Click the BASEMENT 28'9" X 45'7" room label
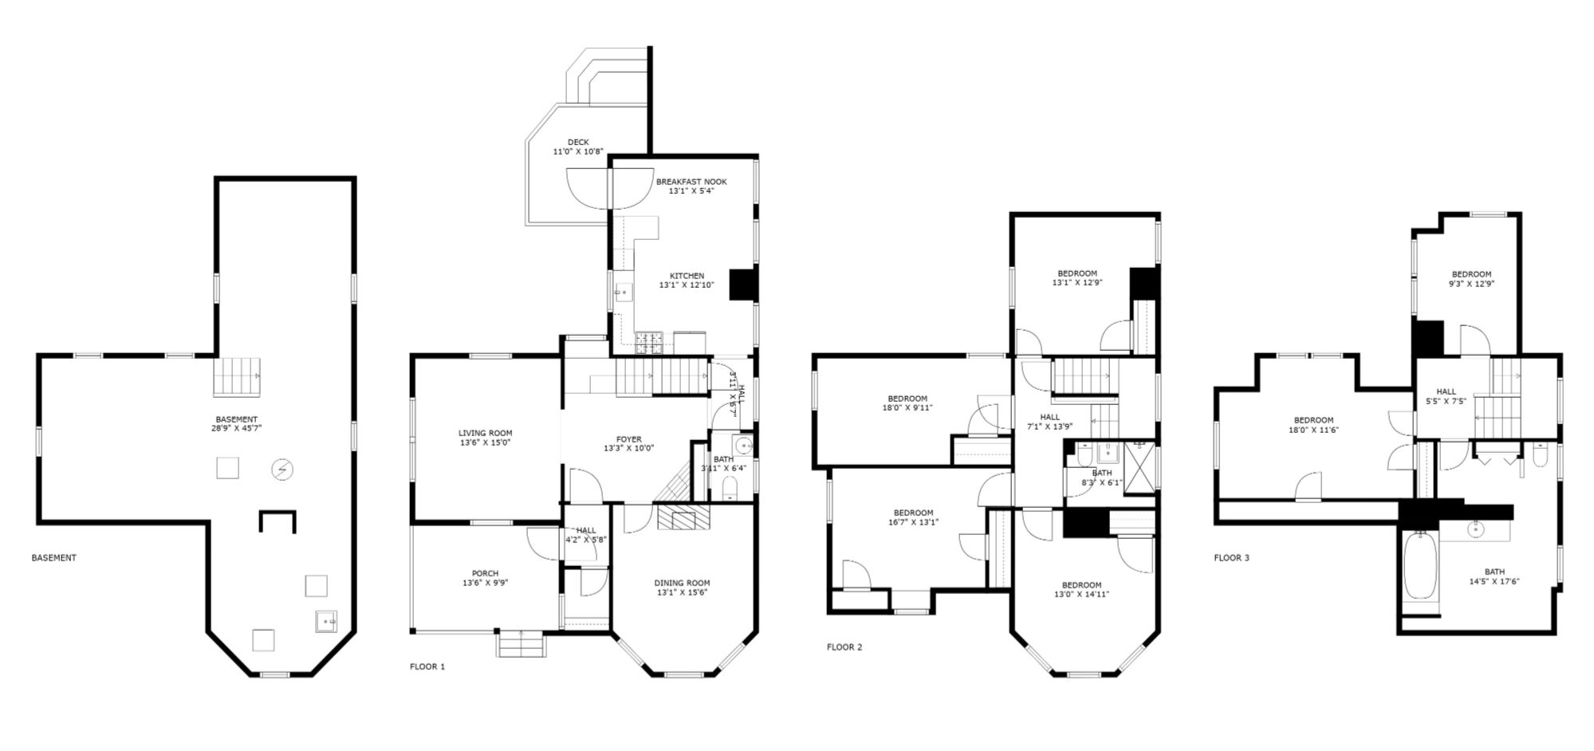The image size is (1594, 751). click(x=237, y=423)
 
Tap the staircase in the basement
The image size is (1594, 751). click(x=237, y=376)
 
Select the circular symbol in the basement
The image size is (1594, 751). click(x=281, y=470)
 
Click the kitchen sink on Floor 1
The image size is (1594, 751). click(x=624, y=293)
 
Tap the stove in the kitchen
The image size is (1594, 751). click(x=649, y=343)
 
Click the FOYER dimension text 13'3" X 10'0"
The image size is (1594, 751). click(x=628, y=448)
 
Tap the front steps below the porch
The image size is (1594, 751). click(x=521, y=643)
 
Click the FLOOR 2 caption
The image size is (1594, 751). click(x=844, y=647)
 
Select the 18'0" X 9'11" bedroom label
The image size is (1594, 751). click(x=907, y=403)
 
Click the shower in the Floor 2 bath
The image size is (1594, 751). click(x=1139, y=468)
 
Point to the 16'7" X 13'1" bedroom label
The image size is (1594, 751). click(x=913, y=517)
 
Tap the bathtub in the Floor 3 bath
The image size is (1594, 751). click(x=1420, y=567)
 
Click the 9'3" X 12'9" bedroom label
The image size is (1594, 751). click(x=1471, y=278)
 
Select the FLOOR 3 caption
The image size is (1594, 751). click(x=1231, y=558)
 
